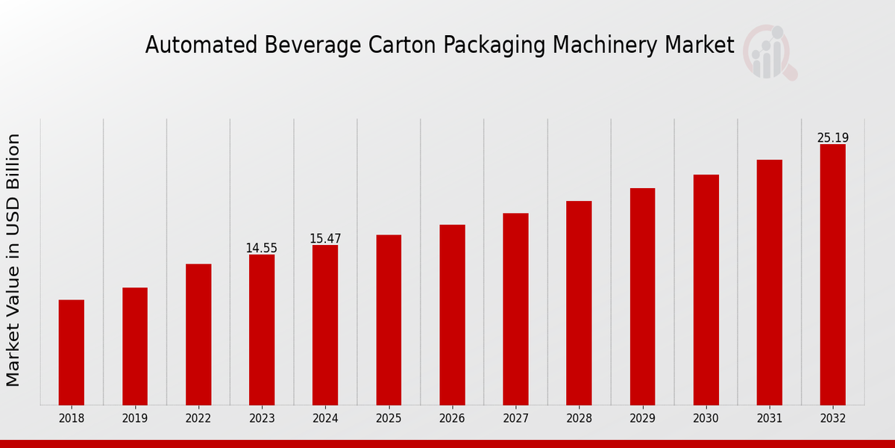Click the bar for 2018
coord(72,352)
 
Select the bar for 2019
coord(135,346)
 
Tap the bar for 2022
coord(198,335)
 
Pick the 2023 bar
coord(262,330)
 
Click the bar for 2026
coord(452,315)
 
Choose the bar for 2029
coord(642,296)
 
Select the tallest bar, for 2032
coord(832,275)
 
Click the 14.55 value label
coord(262,248)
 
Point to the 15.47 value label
coord(325,239)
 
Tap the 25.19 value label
coord(832,138)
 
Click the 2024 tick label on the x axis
coord(325,419)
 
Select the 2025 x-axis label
coord(389,419)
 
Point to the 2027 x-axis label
coord(515,419)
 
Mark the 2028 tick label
coord(579,419)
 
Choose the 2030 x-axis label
coord(706,419)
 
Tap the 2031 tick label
coord(769,419)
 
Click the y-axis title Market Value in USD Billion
coord(13,260)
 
